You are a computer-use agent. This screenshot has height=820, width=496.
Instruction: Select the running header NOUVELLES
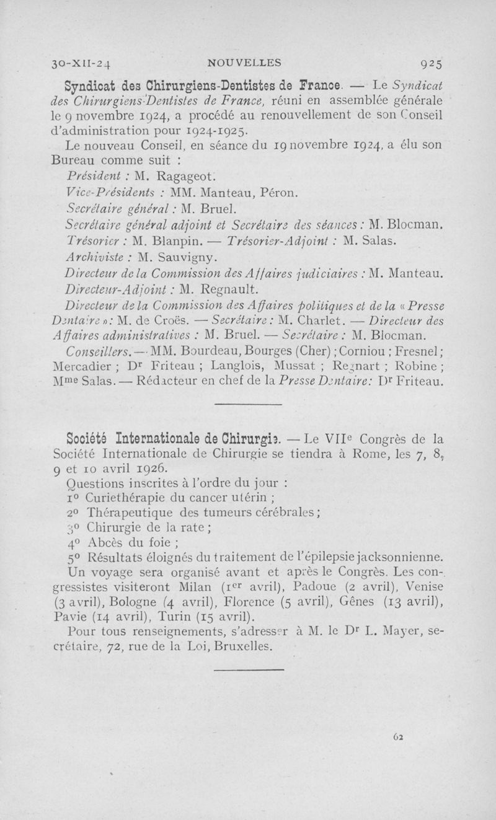[244, 62]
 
